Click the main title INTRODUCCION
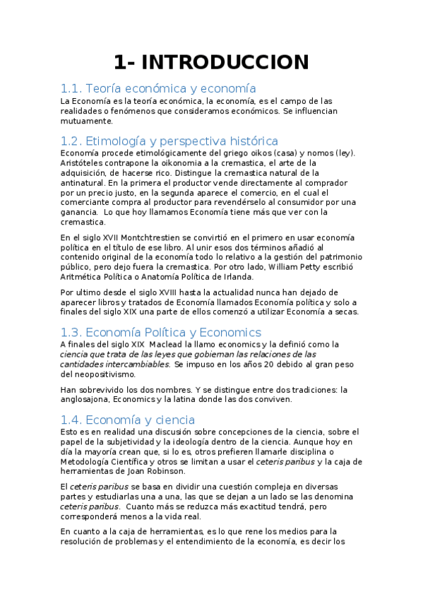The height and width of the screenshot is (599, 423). (211, 62)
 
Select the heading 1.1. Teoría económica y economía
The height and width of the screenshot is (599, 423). (157, 89)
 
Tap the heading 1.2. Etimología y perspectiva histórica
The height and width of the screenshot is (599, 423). (169, 141)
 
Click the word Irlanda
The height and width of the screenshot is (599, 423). (237, 277)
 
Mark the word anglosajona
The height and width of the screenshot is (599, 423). (88, 398)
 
